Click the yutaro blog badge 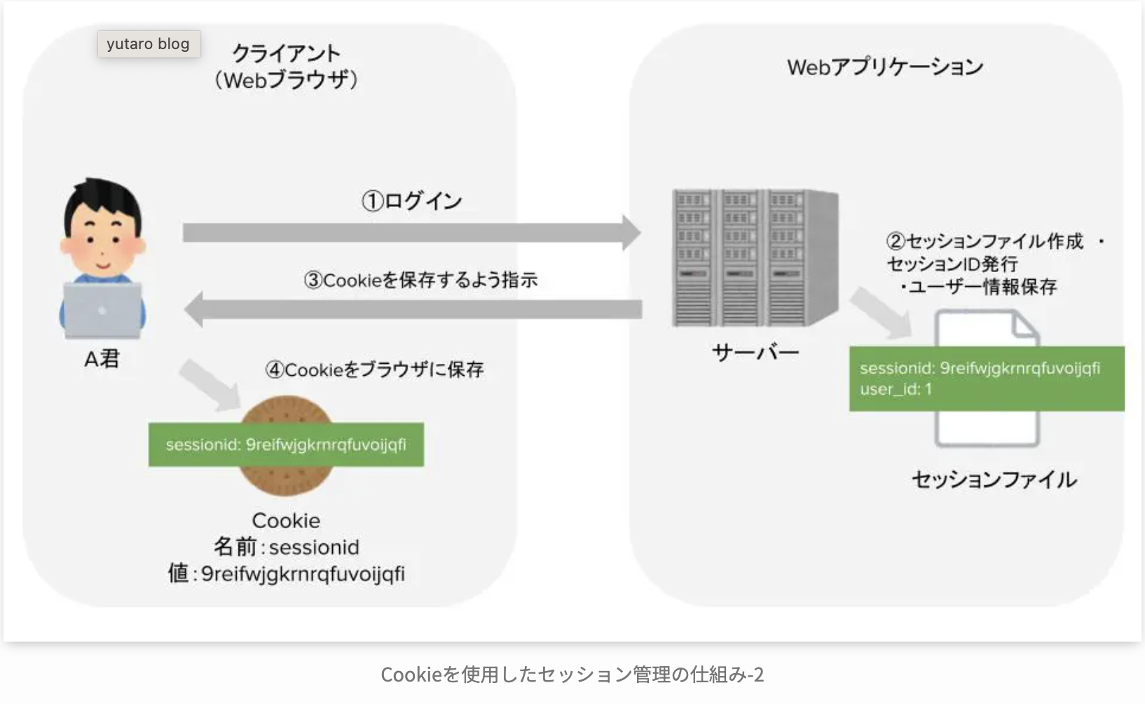[149, 44]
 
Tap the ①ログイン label [412, 201]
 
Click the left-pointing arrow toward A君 [413, 309]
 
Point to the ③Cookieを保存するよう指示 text [420, 280]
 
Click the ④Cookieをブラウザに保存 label [374, 370]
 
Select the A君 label [102, 359]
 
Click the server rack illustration [755, 257]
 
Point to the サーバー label [755, 352]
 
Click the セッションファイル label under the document [994, 480]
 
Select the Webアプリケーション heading [885, 67]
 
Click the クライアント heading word [286, 53]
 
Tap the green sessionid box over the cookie [286, 445]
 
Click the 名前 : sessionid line [286, 547]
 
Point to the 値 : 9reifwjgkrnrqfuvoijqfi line [286, 574]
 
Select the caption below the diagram [572, 675]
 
